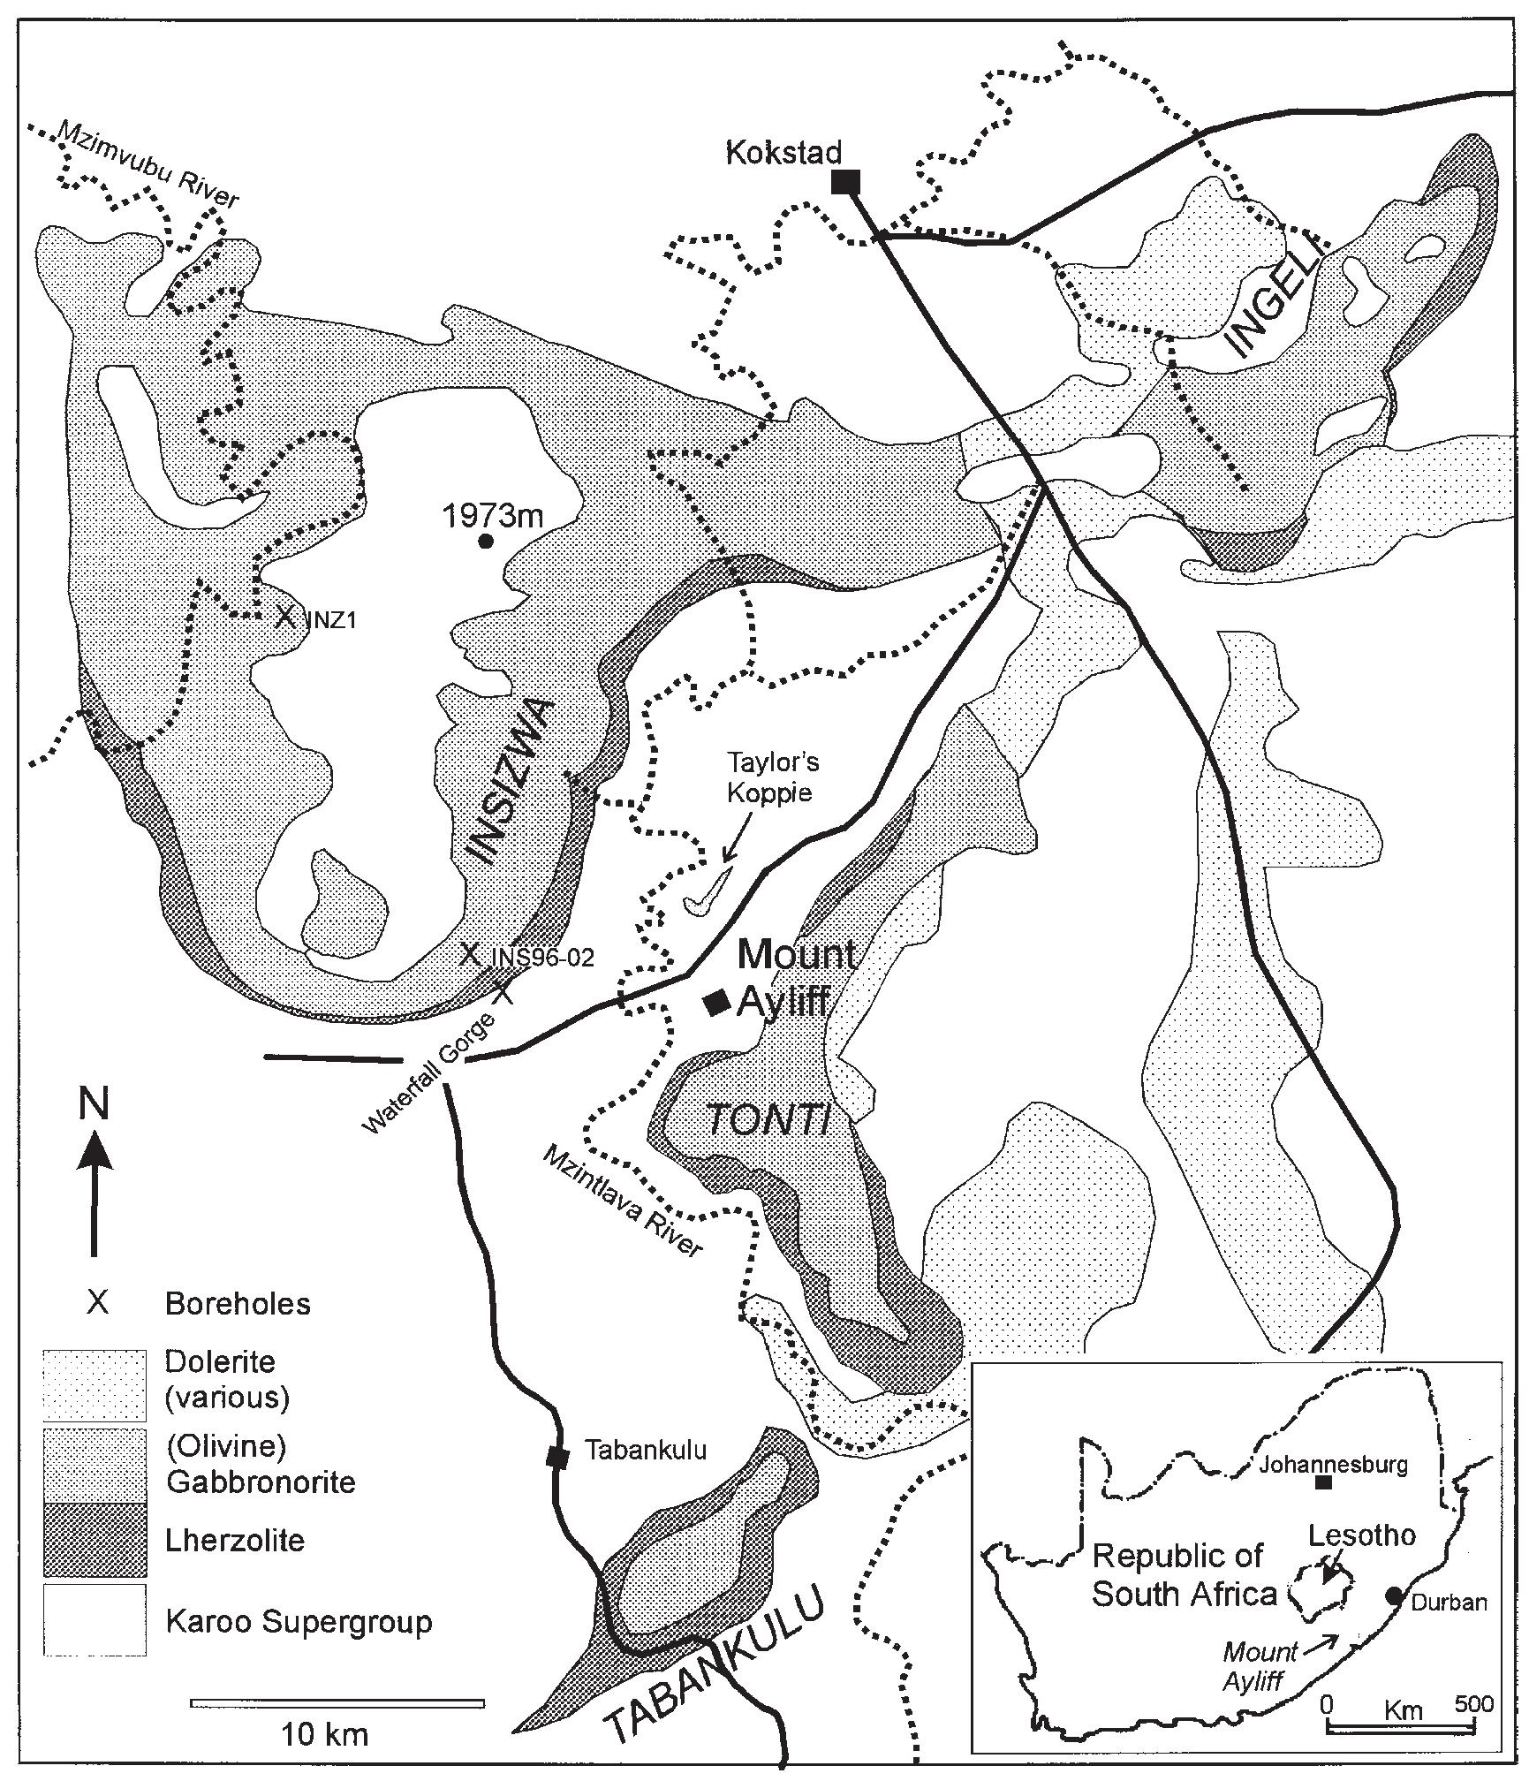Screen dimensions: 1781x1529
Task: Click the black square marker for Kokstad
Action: (845, 182)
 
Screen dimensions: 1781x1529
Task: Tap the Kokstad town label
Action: (783, 152)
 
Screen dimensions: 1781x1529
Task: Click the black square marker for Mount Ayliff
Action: (715, 1001)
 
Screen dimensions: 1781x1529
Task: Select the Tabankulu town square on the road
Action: (556, 1457)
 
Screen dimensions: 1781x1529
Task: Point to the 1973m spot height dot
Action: (484, 542)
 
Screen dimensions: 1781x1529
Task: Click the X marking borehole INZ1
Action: (284, 616)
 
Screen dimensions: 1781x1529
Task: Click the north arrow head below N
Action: (95, 1151)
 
